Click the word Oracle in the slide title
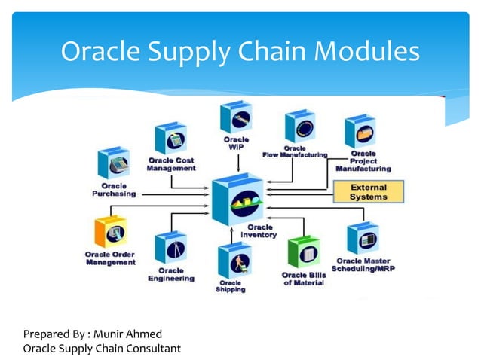point(99,51)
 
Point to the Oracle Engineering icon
point(170,249)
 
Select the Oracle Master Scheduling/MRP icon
point(362,239)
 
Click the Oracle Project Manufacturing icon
point(360,133)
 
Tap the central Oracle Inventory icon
point(238,197)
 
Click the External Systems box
point(369,192)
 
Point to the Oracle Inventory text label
point(259,231)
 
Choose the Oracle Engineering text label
point(170,274)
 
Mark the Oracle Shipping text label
point(231,285)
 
